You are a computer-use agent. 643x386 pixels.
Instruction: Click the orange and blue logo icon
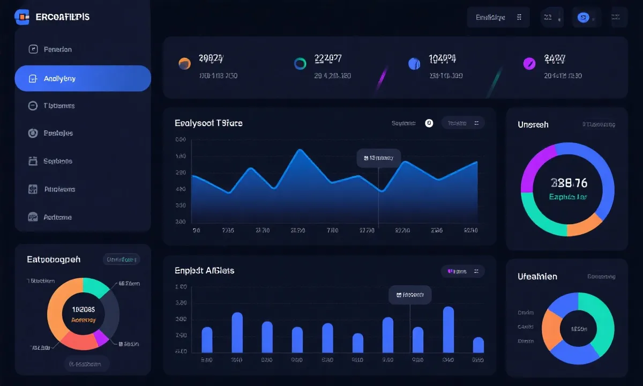point(22,17)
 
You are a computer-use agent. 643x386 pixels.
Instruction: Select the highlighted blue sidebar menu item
point(83,78)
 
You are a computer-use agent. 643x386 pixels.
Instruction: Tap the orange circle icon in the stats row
point(184,63)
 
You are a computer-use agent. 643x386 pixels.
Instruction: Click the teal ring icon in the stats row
point(300,64)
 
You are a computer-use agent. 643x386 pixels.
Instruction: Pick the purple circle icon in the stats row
point(529,64)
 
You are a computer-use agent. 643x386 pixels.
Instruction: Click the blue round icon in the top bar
point(582,17)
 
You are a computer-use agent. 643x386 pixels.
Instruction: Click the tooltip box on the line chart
point(379,158)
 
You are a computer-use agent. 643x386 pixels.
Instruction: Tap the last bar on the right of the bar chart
point(478,345)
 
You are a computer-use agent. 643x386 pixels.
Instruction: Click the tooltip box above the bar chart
point(410,294)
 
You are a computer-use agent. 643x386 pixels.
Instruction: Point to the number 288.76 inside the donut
point(569,183)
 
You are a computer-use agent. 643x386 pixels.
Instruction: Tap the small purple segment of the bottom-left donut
point(101,337)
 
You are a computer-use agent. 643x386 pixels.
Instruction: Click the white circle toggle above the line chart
point(429,123)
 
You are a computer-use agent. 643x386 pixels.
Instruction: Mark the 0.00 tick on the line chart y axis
point(181,140)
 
